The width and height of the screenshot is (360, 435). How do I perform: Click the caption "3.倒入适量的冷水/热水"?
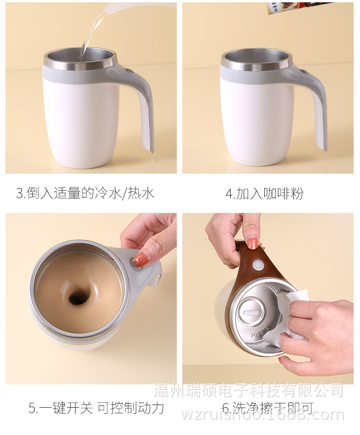click(x=85, y=193)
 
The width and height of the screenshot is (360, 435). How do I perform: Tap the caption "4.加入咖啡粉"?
click(x=264, y=193)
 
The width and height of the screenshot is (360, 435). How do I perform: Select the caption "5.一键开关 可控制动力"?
click(x=96, y=407)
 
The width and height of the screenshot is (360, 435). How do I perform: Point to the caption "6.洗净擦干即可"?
click(x=267, y=407)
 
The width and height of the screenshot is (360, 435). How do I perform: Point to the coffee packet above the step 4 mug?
click(x=296, y=6)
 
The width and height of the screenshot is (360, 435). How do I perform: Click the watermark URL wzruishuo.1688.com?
click(x=263, y=415)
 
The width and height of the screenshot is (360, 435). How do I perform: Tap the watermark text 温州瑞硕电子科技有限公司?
click(x=248, y=391)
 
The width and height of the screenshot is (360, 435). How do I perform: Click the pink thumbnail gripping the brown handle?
click(x=252, y=242)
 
